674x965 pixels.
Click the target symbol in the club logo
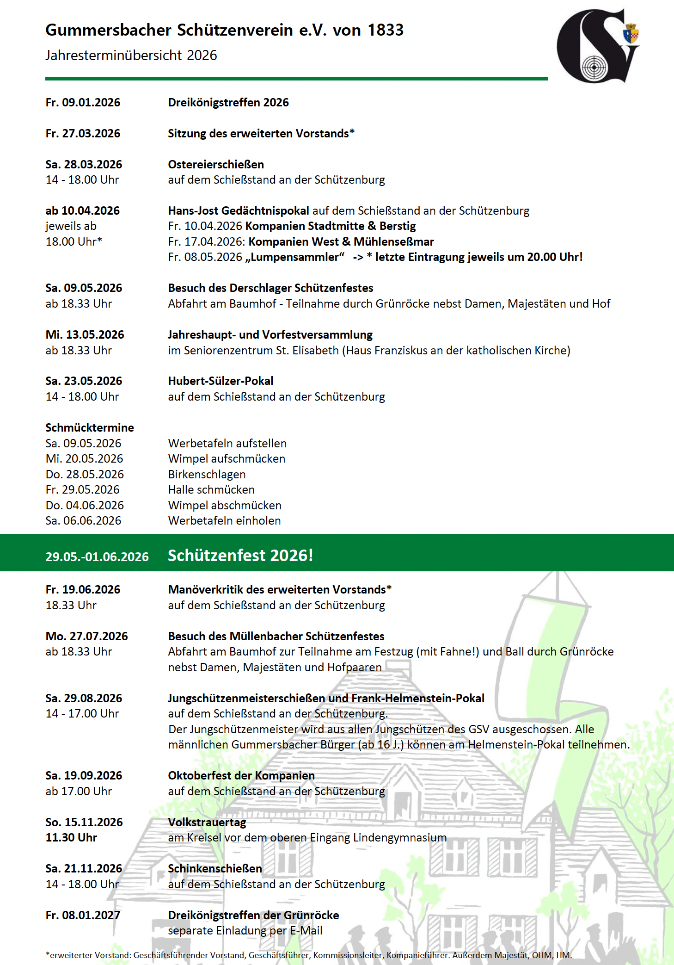click(x=594, y=68)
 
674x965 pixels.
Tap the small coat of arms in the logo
click(x=631, y=34)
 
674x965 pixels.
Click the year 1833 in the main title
click(x=386, y=30)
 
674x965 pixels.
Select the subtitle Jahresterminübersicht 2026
click(x=131, y=56)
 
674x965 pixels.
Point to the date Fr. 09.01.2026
click(x=83, y=102)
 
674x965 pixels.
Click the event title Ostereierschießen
click(x=216, y=164)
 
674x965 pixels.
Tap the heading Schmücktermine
click(x=90, y=427)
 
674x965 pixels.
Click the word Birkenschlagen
click(x=207, y=474)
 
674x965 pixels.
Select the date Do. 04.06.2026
click(x=85, y=505)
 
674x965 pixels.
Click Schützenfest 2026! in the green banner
click(x=240, y=555)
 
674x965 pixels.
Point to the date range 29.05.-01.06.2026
click(x=97, y=557)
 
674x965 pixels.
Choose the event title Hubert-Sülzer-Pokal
click(x=221, y=381)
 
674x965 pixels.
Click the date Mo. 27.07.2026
click(x=86, y=636)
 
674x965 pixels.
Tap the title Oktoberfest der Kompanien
click(x=241, y=775)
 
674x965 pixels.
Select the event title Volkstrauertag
click(x=207, y=822)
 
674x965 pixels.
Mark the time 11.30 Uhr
click(x=71, y=837)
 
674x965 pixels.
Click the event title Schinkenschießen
click(x=214, y=868)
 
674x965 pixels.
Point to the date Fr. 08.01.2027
click(x=83, y=915)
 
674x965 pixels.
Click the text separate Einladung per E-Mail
click(x=245, y=930)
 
